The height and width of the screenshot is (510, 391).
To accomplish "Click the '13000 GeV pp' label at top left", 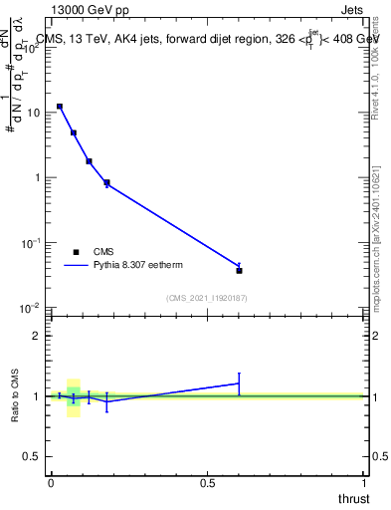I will click(94, 11).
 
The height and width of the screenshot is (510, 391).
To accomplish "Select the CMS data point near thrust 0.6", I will click(239, 270).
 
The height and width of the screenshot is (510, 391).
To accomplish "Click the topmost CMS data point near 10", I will click(60, 106).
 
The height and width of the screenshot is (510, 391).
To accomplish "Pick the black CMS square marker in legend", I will click(76, 252).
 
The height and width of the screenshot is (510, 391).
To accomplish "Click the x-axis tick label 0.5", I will click(208, 482).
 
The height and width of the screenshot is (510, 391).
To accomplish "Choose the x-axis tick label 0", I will click(51, 482).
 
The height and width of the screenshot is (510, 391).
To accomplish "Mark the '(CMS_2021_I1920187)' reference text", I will click(206, 298).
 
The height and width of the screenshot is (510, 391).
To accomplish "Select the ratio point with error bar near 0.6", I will click(239, 382).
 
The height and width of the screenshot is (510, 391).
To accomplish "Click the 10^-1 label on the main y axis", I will click(30, 242).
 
